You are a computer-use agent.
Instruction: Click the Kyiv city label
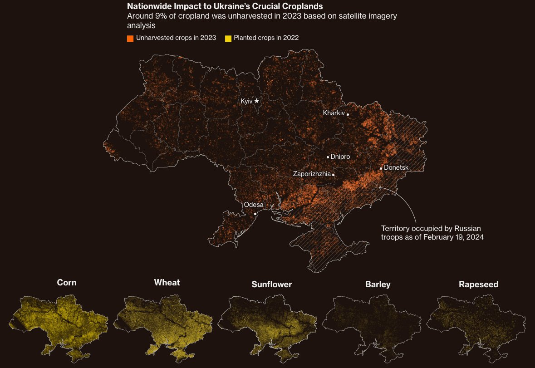click(x=246, y=101)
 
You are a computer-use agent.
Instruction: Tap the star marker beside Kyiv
click(x=256, y=101)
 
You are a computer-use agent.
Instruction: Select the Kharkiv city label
click(x=334, y=113)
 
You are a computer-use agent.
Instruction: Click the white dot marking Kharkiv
click(x=348, y=114)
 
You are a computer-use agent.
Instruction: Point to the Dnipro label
click(x=340, y=157)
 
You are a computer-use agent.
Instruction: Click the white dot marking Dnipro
click(x=328, y=157)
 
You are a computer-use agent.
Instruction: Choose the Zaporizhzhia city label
click(x=312, y=174)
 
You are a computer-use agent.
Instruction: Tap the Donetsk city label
click(x=396, y=168)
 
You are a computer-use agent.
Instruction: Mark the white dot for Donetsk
click(x=381, y=168)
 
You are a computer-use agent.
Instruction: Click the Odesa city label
click(x=254, y=205)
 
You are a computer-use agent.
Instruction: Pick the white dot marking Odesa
click(x=255, y=214)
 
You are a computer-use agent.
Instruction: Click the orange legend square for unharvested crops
click(x=130, y=38)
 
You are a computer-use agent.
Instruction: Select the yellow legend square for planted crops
click(x=228, y=38)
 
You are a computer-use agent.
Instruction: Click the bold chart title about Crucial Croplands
click(x=225, y=6)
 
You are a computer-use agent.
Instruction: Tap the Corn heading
click(x=67, y=283)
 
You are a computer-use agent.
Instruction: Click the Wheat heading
click(x=167, y=283)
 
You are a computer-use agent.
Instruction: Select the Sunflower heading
click(x=271, y=285)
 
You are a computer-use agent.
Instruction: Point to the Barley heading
click(x=378, y=285)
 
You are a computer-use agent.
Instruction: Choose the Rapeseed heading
click(x=478, y=285)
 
